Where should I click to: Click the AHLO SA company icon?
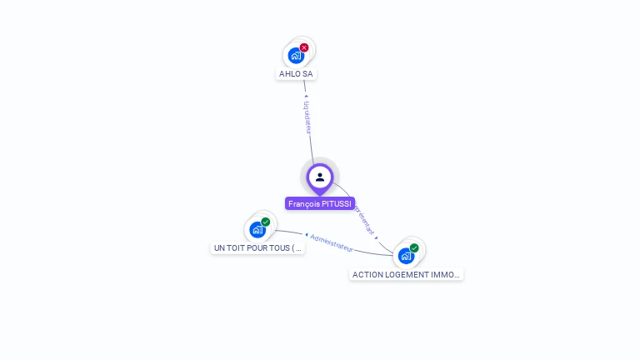(x=295, y=56)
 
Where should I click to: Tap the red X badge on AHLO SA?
(x=304, y=47)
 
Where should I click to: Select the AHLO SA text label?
(x=296, y=73)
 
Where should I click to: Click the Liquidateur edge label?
(x=307, y=117)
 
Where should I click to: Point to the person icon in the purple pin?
(x=320, y=177)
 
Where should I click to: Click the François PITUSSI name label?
(x=320, y=203)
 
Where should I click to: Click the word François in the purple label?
(x=304, y=203)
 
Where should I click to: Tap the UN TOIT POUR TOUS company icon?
(x=257, y=230)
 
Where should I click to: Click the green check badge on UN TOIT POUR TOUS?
(x=266, y=222)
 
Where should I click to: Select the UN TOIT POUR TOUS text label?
(x=257, y=247)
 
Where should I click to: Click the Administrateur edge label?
(x=332, y=242)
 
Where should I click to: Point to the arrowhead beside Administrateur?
(x=306, y=235)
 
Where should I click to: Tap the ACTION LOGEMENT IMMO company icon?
(x=405, y=256)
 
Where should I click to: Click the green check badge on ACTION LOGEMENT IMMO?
(x=414, y=247)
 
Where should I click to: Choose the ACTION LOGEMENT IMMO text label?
(x=406, y=274)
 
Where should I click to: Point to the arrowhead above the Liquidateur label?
(x=306, y=97)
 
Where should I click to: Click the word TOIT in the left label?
(x=236, y=247)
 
